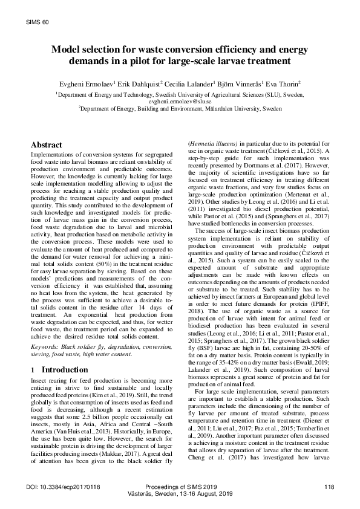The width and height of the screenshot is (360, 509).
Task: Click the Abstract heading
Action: (46, 145)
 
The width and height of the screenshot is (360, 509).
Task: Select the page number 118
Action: (329, 487)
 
